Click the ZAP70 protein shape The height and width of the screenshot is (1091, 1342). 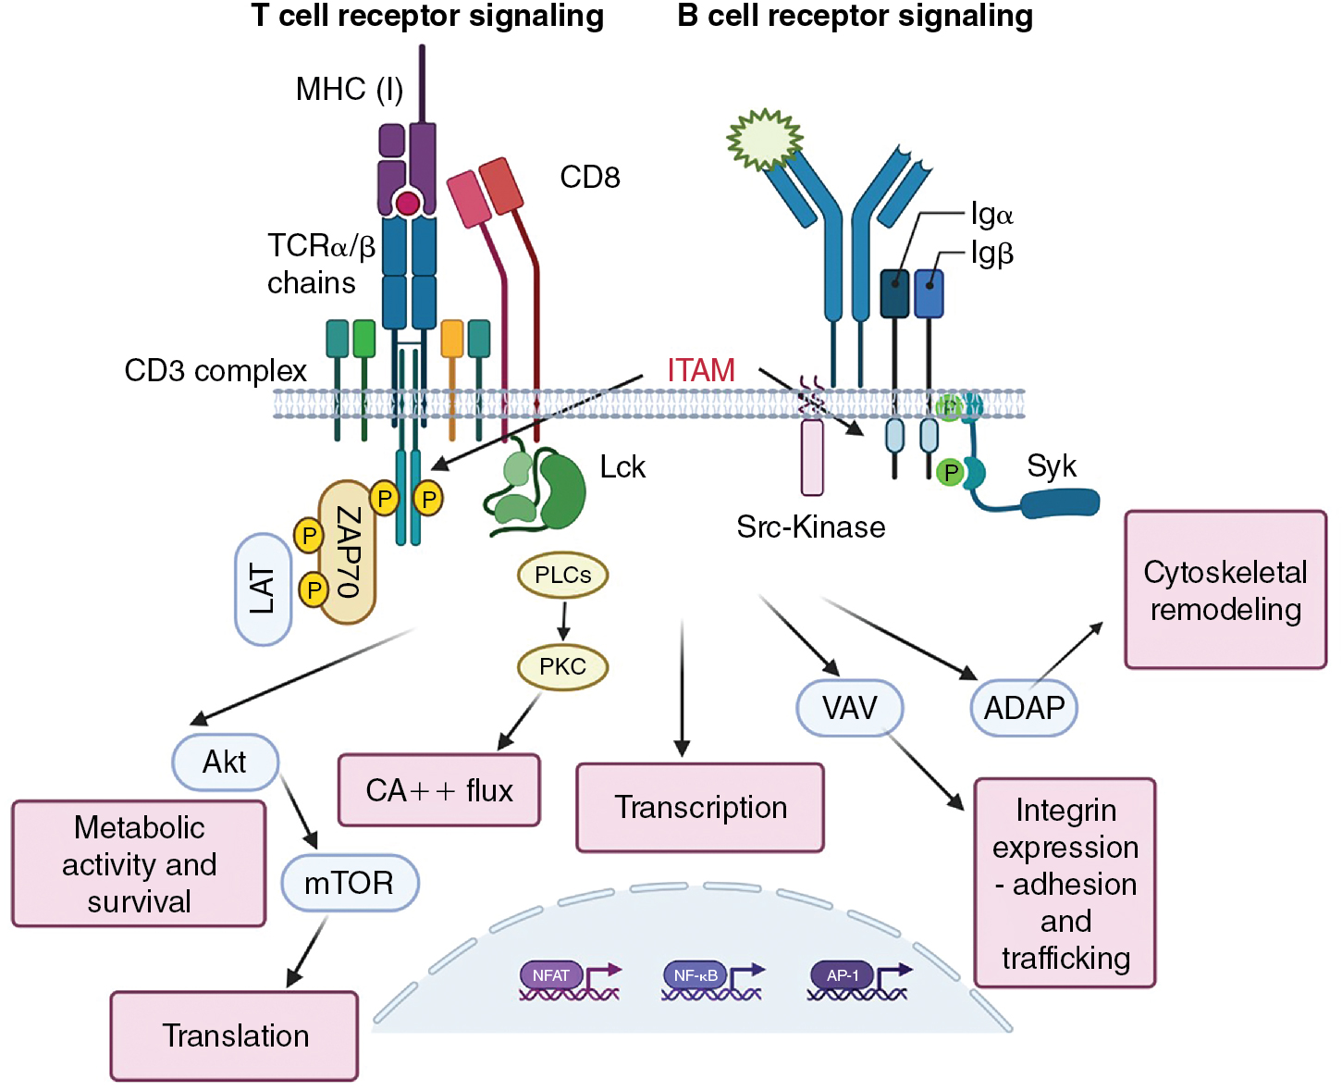point(347,552)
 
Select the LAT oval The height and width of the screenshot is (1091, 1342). point(264,589)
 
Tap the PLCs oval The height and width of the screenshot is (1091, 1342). point(562,575)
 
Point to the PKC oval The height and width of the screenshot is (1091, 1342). point(562,666)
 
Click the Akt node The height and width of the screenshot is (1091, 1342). point(225,762)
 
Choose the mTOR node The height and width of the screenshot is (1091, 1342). point(350,883)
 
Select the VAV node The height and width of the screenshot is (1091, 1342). point(849,708)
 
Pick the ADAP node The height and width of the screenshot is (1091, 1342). point(1024,708)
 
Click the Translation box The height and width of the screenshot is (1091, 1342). point(235,1035)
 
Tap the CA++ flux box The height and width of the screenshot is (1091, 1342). point(439,790)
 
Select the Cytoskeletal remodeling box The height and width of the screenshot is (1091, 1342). point(1225,590)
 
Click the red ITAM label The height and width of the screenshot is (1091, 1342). point(701,370)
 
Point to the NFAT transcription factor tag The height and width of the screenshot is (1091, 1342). point(551,975)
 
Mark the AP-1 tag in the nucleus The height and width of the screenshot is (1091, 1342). point(843,975)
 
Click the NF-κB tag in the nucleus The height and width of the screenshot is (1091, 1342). point(696,975)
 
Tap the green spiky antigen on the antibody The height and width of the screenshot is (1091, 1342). point(764,141)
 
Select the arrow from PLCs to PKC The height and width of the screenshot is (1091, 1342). point(563,620)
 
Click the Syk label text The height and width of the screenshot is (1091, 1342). point(1052,466)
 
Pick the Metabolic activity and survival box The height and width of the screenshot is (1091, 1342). point(139,864)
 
